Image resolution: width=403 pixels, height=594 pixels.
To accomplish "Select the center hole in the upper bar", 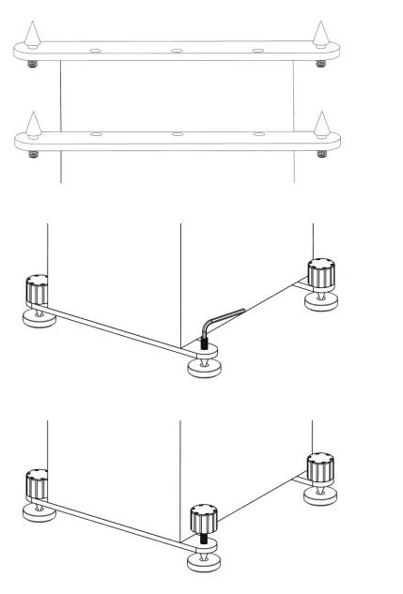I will tap(178, 52).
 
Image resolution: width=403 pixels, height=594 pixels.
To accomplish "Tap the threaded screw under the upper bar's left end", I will tap(34, 65).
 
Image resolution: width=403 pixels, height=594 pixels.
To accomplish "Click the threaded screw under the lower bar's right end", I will tap(322, 152).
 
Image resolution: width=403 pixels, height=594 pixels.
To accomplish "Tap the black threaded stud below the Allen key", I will tap(204, 345).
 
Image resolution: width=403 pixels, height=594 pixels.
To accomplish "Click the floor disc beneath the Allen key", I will tap(204, 367).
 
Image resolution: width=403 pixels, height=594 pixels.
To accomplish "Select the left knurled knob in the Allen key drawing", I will tap(37, 291).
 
